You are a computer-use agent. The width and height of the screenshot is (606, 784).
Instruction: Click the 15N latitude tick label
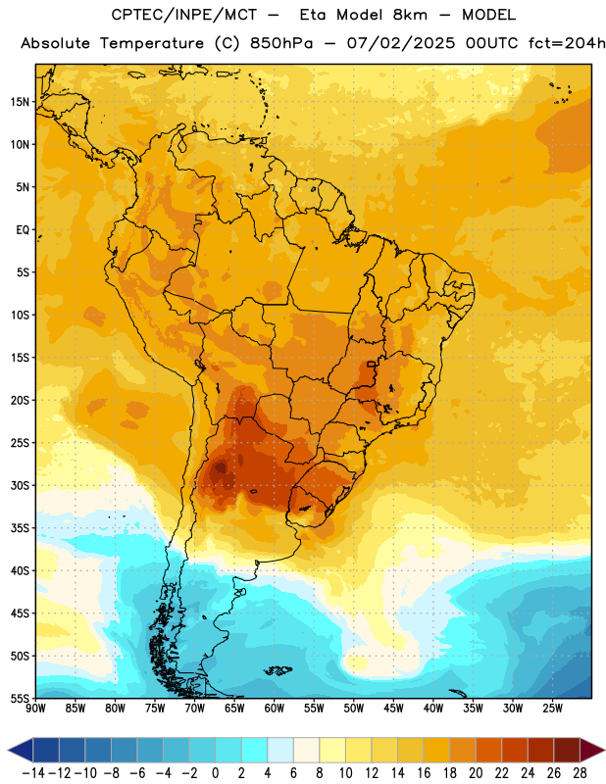tap(20, 102)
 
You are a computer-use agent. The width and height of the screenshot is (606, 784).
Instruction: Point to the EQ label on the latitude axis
tap(23, 230)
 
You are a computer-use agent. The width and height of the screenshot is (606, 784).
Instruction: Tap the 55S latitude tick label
tap(20, 698)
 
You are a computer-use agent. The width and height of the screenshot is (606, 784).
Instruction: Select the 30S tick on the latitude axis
tap(20, 485)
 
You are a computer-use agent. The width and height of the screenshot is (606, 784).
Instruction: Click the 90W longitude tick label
tap(36, 709)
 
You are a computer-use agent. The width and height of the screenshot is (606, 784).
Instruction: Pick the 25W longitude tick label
tap(552, 709)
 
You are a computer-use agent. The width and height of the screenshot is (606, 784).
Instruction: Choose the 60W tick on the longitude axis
tap(275, 709)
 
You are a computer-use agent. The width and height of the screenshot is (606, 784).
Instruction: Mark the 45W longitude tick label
tap(393, 709)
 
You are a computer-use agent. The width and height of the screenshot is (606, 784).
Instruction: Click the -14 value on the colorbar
tap(33, 773)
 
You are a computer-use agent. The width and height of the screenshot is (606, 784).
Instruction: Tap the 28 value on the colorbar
tap(580, 773)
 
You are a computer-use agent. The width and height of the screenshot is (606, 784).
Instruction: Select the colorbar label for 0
tap(215, 773)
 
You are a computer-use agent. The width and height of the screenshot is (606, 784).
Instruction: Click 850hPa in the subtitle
tap(281, 43)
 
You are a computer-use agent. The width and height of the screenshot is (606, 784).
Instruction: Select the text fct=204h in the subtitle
tap(567, 43)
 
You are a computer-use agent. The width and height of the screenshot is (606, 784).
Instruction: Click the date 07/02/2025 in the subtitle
tap(401, 43)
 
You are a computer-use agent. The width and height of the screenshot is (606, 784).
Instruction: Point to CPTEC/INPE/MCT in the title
tap(184, 16)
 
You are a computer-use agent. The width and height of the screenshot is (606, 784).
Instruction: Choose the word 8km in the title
tap(410, 15)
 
